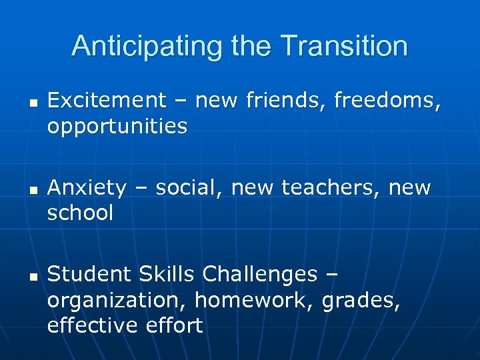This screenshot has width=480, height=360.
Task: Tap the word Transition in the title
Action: (x=344, y=47)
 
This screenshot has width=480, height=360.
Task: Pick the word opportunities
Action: (x=117, y=126)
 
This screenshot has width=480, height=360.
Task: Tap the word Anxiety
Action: (x=87, y=188)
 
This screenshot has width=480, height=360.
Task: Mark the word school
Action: (x=81, y=213)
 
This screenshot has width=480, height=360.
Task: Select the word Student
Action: (x=89, y=274)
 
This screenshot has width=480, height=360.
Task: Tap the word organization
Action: (x=117, y=300)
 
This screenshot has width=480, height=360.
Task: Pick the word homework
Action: (x=255, y=300)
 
